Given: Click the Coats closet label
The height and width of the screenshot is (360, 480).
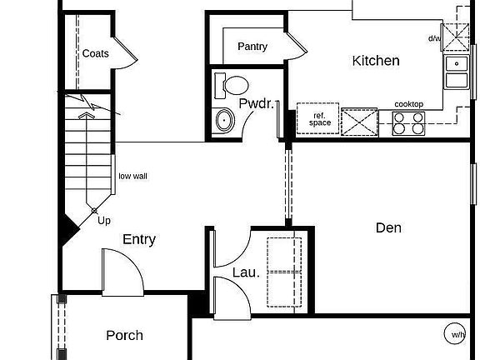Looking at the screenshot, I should point(95,53).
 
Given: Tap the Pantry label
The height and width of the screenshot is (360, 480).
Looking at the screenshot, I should point(252,47).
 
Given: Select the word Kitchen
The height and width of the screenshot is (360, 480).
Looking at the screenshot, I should point(376,60).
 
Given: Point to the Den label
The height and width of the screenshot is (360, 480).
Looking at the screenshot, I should point(388,227).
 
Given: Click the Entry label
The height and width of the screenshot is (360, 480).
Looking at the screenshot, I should point(139,239).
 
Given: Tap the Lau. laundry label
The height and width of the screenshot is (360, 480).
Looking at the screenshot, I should point(246,272).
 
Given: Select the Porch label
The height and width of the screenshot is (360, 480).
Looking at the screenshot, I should point(124,336).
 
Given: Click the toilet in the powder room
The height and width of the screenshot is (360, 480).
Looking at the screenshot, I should point(232,84).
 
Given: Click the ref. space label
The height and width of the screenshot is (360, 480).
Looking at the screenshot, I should point(320,119).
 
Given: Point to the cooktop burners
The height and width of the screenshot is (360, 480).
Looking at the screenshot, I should point(408,122).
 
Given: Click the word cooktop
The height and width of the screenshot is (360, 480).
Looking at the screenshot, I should point(408,103).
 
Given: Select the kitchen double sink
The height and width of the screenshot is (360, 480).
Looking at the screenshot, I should point(456,72).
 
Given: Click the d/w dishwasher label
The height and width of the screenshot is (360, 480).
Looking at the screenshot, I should point(434,38).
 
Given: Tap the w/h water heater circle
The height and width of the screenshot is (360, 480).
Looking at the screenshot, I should point(457,335).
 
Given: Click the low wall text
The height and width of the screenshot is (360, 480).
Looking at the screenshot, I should point(132,176).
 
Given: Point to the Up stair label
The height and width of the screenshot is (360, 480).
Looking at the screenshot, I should point(104,221).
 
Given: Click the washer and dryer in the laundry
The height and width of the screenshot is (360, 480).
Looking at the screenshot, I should point(284,269).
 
